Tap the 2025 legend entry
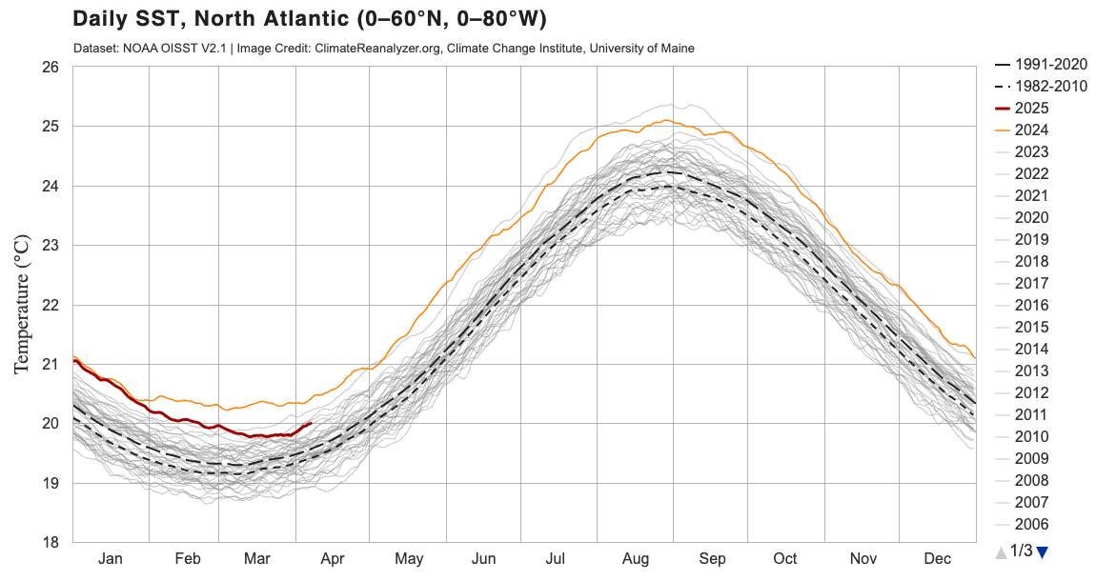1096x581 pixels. point(1031,108)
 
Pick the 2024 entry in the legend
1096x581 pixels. point(1031,130)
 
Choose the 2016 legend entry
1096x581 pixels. point(1031,305)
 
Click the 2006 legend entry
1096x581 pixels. point(1031,524)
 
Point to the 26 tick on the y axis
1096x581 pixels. point(50,68)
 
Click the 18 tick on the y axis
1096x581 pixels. point(50,542)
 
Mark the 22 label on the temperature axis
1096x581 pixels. point(50,305)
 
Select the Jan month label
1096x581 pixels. point(111,558)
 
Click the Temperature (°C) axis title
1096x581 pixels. point(22,305)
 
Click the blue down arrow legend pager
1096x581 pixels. point(1042,551)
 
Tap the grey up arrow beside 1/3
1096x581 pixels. point(1000,551)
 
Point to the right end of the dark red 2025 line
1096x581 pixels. point(312,423)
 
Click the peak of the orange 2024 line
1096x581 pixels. point(669,120)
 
